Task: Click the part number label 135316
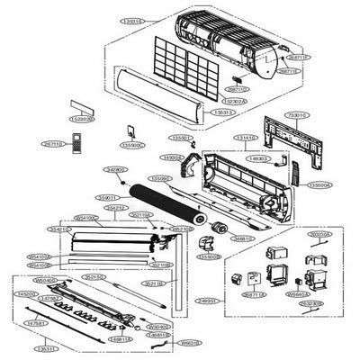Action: point(136,19)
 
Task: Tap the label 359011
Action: point(108,196)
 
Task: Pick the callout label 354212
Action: point(115,207)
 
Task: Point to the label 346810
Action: point(242,239)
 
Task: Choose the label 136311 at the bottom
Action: point(44,347)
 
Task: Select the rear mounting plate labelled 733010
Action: point(292,139)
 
